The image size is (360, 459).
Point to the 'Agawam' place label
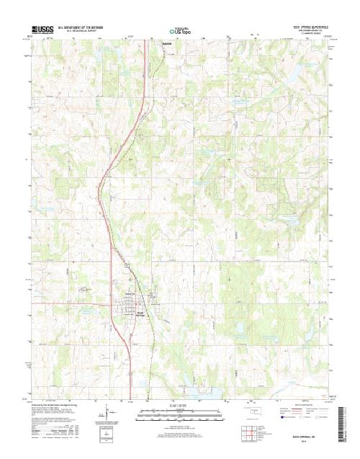(163, 43)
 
